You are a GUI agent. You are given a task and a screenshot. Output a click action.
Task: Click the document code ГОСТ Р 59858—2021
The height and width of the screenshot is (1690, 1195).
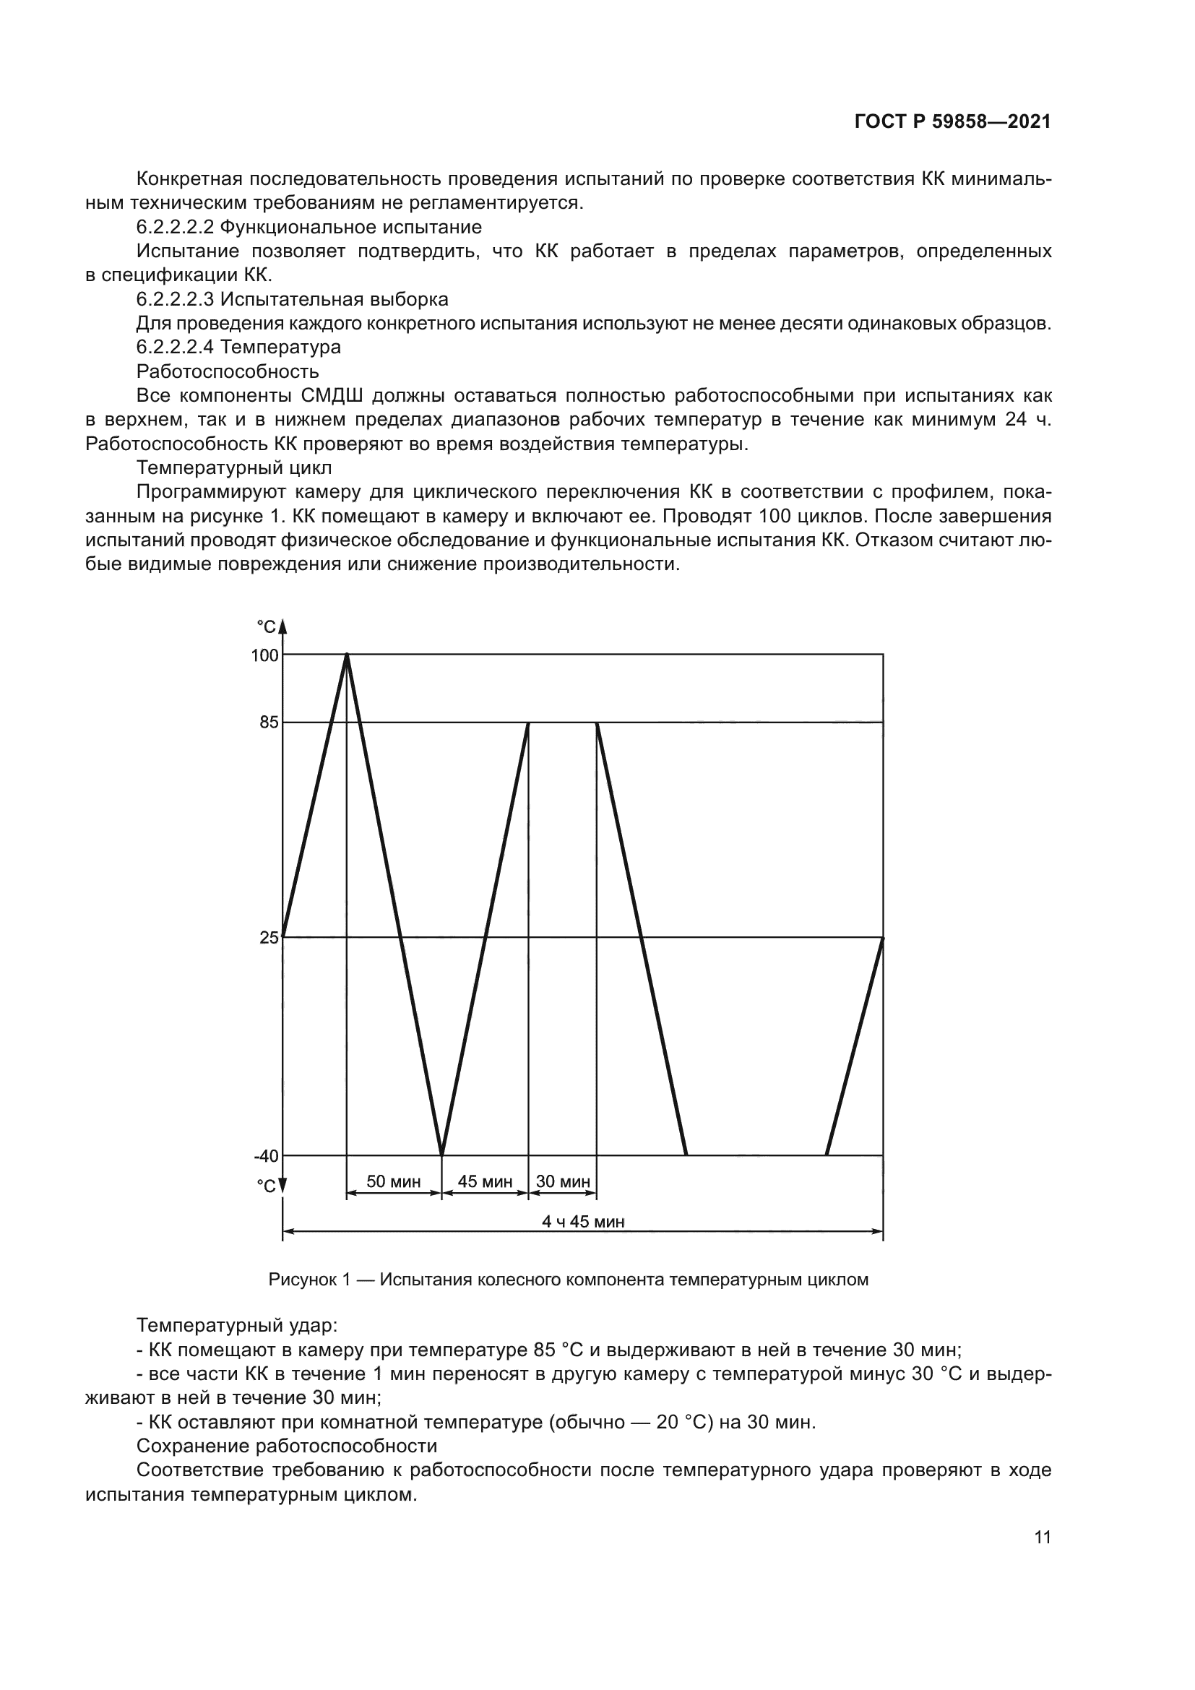click(952, 122)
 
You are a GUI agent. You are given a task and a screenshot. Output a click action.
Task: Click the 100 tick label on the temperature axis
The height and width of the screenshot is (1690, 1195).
click(265, 655)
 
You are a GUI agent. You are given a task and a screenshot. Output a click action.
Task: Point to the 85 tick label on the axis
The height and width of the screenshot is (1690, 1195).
click(269, 722)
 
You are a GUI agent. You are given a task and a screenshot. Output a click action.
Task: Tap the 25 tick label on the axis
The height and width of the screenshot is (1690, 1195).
click(269, 937)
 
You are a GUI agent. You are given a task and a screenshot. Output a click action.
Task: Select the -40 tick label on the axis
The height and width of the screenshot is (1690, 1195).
click(267, 1155)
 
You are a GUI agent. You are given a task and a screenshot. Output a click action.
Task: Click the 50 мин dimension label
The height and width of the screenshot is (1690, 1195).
click(394, 1181)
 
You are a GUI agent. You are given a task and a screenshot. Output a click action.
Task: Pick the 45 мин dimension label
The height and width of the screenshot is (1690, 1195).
click(485, 1181)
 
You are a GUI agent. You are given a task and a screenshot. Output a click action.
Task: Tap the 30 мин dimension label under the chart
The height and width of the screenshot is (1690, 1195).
click(563, 1181)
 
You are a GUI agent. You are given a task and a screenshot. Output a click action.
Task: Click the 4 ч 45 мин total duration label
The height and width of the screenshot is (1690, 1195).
click(583, 1221)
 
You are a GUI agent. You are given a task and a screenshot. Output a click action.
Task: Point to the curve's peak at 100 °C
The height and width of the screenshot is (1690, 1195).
click(348, 655)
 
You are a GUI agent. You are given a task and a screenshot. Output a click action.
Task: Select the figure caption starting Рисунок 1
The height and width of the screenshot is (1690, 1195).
click(568, 1280)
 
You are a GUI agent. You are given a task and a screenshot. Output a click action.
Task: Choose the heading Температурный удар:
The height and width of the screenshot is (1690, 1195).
click(237, 1326)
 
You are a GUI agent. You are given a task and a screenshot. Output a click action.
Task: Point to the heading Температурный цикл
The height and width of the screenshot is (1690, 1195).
click(234, 467)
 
